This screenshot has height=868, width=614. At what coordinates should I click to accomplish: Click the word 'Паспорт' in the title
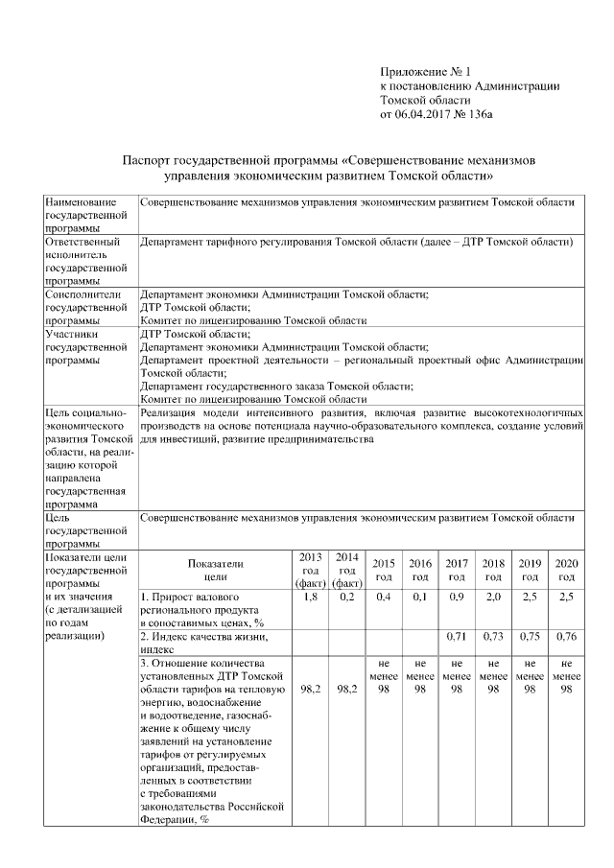(152, 159)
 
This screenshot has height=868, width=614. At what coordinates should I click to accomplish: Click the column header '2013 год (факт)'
(310, 570)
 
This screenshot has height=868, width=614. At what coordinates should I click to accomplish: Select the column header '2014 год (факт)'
(346, 570)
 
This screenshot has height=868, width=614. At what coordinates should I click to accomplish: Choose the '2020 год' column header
(566, 570)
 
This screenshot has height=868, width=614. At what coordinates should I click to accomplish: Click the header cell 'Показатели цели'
(216, 570)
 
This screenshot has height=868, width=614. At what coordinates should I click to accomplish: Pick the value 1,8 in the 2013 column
(310, 598)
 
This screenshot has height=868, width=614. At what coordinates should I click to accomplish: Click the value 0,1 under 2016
(419, 598)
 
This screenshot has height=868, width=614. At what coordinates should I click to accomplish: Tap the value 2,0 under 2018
(493, 598)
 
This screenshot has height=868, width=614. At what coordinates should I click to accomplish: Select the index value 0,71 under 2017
(457, 636)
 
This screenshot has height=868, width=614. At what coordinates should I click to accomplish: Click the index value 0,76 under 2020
(566, 636)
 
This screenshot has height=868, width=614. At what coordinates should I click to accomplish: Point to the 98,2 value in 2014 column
(346, 689)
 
